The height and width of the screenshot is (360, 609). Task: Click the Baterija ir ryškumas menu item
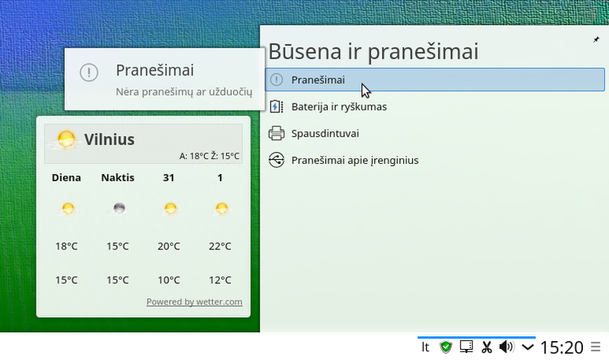pos(339,107)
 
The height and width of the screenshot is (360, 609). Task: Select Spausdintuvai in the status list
pos(325,134)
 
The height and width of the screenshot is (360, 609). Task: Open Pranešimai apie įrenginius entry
pos(354,161)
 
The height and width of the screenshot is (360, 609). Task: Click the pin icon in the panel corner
pos(596,40)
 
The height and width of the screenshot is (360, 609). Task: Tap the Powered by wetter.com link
pos(195,301)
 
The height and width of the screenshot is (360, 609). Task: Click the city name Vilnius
pos(109,139)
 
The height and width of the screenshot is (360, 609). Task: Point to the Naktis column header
pos(118,177)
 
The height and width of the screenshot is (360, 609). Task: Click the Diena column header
pos(66,177)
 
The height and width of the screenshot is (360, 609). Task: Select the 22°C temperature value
pos(220,246)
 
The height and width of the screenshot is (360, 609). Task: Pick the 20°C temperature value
pos(168,246)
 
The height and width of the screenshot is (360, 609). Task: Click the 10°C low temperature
pos(168,280)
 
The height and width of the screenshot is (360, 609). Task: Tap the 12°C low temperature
pos(220,280)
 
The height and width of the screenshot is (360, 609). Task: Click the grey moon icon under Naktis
pos(119,209)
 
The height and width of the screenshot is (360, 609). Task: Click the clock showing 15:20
pos(562,347)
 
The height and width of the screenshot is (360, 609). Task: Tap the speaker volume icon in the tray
pos(506,347)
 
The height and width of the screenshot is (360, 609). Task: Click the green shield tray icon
pos(446,347)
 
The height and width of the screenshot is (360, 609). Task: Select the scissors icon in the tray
pos(486,347)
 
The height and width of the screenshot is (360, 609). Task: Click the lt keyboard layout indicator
pos(426,347)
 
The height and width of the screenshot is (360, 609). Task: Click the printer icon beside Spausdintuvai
pos(277,133)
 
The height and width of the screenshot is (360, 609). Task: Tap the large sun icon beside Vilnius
pos(66,139)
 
